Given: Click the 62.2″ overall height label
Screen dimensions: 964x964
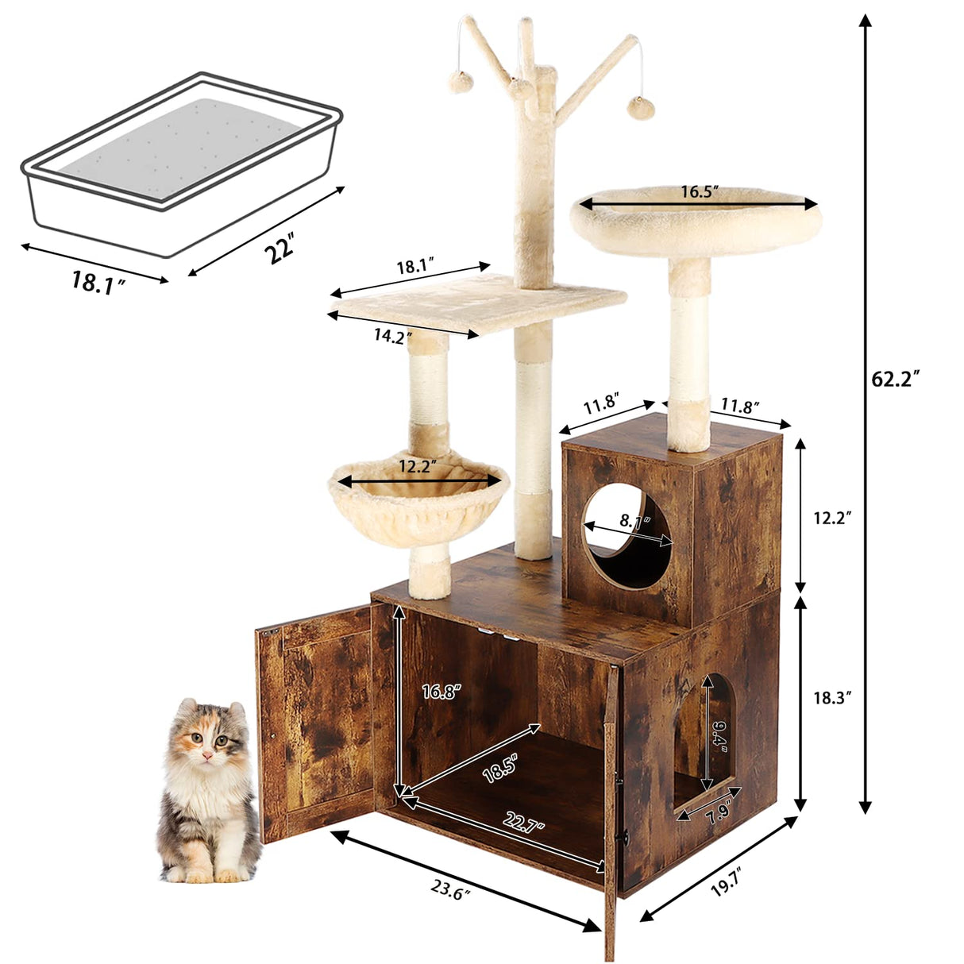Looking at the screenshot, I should (896, 379).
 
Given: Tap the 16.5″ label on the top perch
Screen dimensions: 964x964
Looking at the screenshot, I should (700, 192).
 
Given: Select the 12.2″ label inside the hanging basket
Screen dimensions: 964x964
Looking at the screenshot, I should (418, 468).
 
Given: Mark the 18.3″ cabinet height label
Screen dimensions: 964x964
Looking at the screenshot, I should (832, 698).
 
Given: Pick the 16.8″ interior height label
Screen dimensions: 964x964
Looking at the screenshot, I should (441, 692).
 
